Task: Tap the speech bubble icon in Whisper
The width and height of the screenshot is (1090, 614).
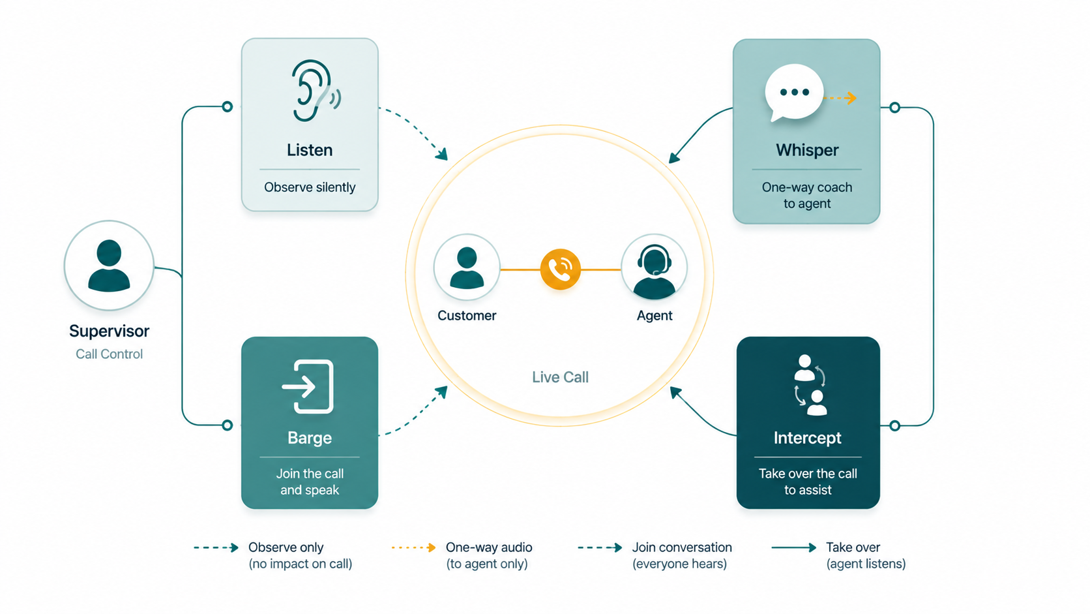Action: point(794,93)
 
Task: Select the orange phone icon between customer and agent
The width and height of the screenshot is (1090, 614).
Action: point(560,269)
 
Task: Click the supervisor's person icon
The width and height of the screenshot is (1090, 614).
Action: point(109,266)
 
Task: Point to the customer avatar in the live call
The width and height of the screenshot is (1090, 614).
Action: point(467,268)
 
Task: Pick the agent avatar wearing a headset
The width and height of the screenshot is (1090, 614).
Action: point(654,268)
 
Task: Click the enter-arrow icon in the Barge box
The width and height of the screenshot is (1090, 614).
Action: point(308,387)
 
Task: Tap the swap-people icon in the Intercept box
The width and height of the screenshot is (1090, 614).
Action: point(810,385)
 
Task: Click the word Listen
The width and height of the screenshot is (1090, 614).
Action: point(310,150)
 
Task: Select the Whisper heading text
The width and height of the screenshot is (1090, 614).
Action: point(807,150)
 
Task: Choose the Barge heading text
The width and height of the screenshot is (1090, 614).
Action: point(310,438)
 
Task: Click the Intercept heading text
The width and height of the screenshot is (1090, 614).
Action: point(807,438)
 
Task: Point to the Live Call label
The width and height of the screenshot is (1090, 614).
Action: point(560,377)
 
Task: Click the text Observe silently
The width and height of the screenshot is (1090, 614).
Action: point(310,187)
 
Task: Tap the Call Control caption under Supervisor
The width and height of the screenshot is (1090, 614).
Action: point(109,354)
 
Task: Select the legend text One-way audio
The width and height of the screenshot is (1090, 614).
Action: point(489,547)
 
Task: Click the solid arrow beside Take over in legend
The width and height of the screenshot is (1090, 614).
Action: point(793,548)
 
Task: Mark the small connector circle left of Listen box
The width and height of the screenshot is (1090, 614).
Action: point(228,106)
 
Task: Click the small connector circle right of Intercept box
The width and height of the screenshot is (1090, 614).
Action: point(894,425)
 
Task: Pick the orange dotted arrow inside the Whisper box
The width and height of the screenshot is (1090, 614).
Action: point(840,98)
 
